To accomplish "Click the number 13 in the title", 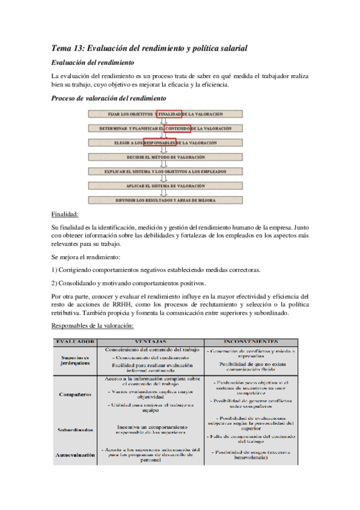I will click(x=81, y=48).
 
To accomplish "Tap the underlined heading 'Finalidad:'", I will click(x=65, y=214).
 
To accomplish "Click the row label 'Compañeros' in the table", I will click(x=76, y=395).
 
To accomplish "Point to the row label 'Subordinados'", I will click(x=75, y=429).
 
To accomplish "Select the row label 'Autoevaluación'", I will click(x=75, y=455).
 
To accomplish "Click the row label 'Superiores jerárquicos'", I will click(x=75, y=360).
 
